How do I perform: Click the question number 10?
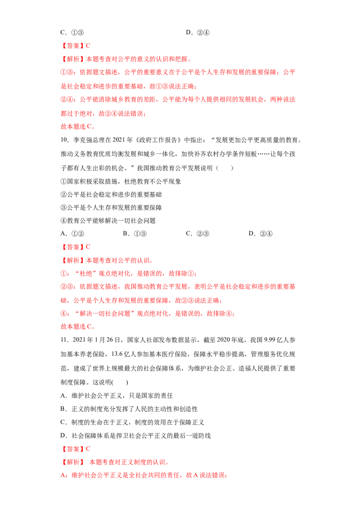(65, 140)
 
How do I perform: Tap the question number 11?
(64, 340)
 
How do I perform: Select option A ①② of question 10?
(72, 234)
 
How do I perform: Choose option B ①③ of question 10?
(135, 234)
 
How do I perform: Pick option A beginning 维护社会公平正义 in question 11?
(117, 396)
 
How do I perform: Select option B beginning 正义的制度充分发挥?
(129, 409)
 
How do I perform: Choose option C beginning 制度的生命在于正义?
(132, 422)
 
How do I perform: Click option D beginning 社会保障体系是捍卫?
(135, 436)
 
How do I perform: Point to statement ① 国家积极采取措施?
(121, 182)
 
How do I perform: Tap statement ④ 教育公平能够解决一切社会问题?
(108, 221)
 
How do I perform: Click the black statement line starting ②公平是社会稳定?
(111, 194)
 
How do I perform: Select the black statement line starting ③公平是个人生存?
(111, 207)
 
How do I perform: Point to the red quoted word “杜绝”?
(86, 274)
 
